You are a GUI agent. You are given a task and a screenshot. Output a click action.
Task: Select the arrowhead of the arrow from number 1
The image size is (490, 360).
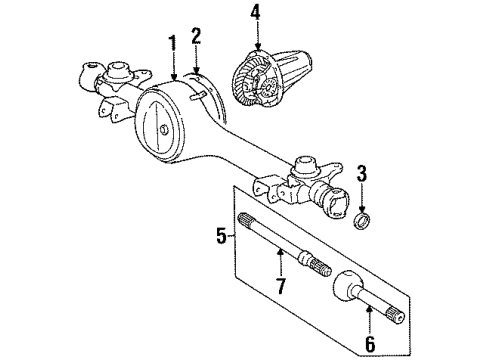click(x=174, y=78)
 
